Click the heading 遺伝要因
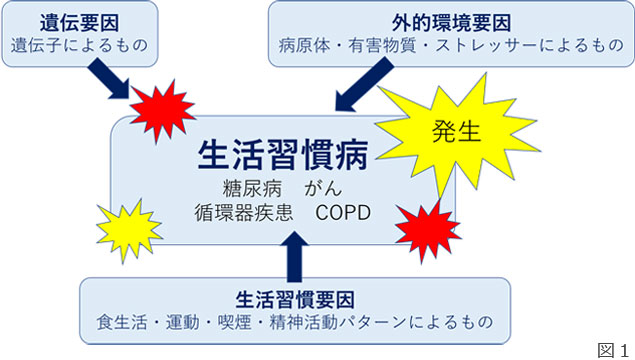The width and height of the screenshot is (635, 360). [x=67, y=20]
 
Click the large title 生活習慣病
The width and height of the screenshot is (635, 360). [x=282, y=155]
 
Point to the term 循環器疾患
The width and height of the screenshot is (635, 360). [x=238, y=214]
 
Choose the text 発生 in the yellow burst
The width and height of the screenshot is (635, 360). [x=459, y=131]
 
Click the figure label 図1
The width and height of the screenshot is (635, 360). [x=610, y=347]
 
